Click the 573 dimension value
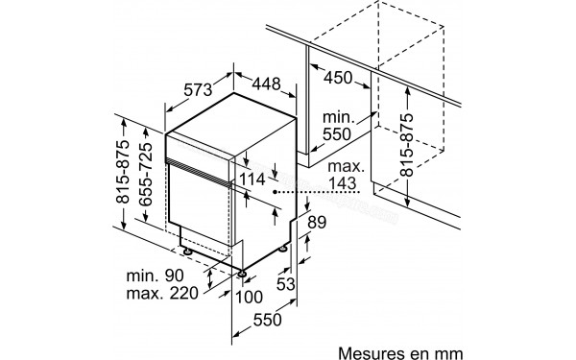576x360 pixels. (x=198, y=90)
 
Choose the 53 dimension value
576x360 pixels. (x=284, y=283)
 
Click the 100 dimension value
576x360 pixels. (x=250, y=297)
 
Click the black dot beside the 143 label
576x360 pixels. (x=276, y=193)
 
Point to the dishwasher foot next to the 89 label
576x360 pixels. (x=285, y=248)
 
